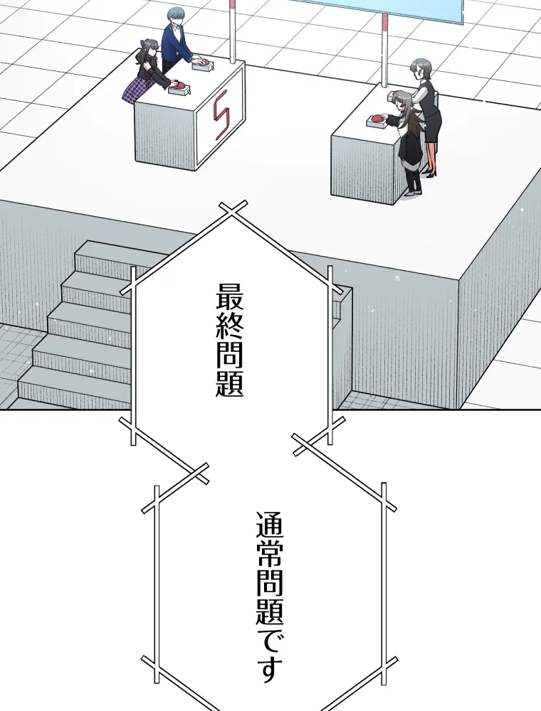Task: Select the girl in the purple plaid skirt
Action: click(x=147, y=71)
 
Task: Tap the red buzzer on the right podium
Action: click(x=377, y=119)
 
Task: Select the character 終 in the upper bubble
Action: click(x=229, y=324)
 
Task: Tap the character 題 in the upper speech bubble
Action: click(x=229, y=382)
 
